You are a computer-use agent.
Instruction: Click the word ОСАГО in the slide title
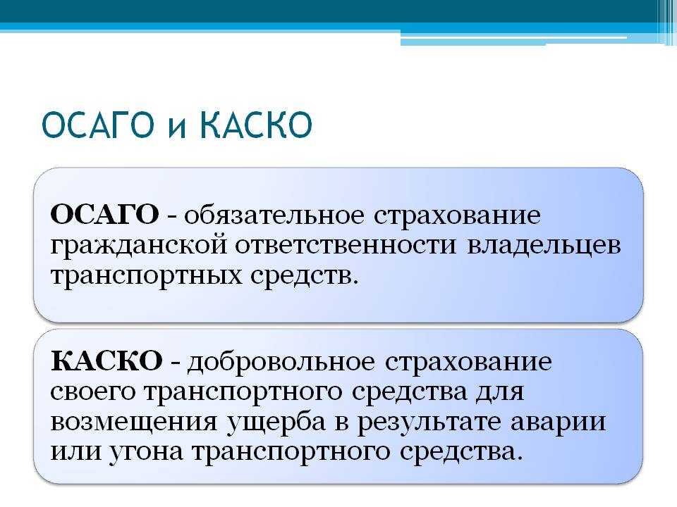point(98,125)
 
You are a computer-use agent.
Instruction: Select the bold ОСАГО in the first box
point(104,214)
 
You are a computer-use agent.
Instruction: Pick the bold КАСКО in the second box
point(106,361)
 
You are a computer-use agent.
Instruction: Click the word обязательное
point(274,215)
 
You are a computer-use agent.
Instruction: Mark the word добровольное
point(281,361)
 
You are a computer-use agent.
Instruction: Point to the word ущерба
point(276,422)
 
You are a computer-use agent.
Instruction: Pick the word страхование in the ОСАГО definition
point(457,216)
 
